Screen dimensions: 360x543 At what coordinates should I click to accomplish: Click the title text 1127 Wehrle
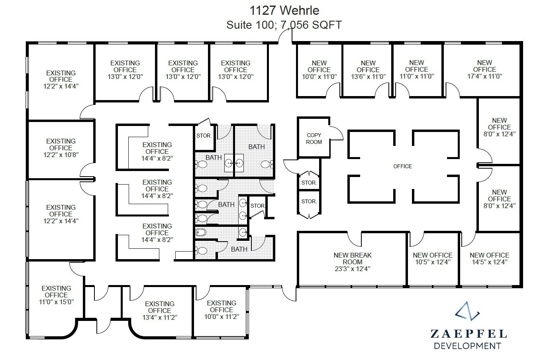284,10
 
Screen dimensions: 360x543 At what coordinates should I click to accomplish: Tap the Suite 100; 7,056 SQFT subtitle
284,25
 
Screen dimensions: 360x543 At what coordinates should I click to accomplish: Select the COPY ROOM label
314,139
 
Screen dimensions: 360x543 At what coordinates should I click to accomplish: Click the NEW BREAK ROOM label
353,259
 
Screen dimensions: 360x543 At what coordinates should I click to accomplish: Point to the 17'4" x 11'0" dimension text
484,76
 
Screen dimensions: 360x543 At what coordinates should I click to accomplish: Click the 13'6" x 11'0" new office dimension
368,77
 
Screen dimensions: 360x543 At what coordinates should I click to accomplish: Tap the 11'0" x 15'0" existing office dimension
56,302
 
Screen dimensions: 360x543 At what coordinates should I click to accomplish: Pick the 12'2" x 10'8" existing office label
61,155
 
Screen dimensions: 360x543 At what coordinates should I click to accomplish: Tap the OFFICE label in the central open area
402,166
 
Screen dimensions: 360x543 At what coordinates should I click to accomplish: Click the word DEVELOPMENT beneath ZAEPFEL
467,346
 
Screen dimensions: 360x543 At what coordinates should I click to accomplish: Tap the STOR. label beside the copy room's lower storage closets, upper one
309,183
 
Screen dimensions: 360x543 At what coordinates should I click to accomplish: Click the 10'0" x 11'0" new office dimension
319,77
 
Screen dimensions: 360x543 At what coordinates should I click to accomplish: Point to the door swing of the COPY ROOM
337,133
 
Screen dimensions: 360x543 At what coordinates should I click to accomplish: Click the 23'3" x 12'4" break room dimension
353,269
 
